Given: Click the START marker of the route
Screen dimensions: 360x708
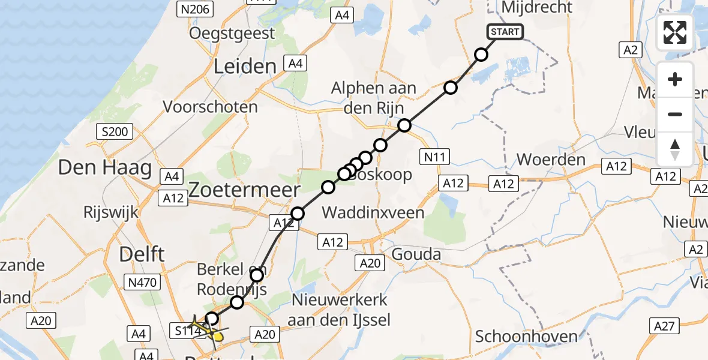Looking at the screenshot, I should coord(506,32).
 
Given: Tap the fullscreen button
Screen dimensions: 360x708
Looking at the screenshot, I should coord(675,32).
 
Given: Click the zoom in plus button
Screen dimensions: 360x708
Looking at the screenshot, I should coord(675,79).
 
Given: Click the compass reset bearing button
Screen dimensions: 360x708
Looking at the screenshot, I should coord(675,149).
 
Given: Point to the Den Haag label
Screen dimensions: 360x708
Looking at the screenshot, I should coord(104,167).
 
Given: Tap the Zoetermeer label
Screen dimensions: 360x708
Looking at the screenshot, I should coord(244,191).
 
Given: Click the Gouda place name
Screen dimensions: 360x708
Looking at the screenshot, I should coord(416,254).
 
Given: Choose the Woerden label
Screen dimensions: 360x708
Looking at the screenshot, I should coord(551,160).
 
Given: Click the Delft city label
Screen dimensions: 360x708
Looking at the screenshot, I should coord(142,254).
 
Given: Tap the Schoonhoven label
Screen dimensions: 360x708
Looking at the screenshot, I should coord(526,336).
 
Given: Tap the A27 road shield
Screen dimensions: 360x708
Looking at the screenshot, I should coord(665,326).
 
